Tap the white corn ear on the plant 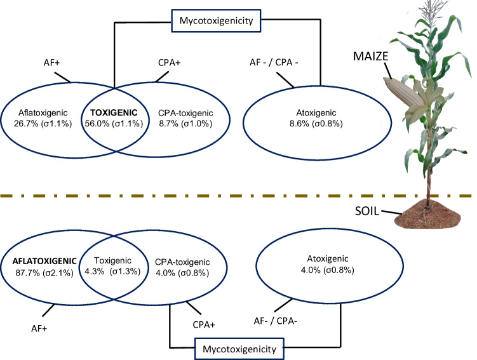tap(398, 89)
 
